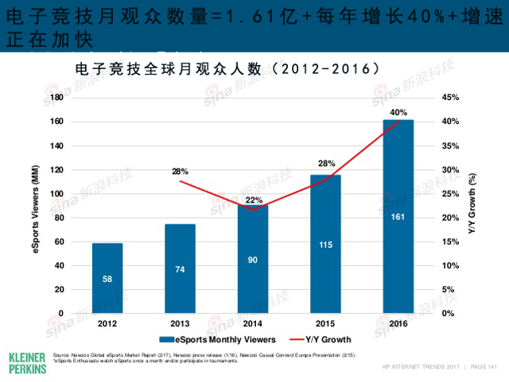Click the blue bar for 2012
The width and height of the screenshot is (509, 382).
(107, 278)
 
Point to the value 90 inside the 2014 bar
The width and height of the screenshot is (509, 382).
(253, 260)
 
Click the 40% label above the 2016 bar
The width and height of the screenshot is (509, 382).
(398, 112)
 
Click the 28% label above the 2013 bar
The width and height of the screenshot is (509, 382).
(180, 171)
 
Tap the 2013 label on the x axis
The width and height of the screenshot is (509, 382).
(180, 324)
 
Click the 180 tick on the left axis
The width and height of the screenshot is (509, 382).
(79, 98)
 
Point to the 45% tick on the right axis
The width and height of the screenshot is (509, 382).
(428, 98)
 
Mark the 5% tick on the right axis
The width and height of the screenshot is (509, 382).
(426, 289)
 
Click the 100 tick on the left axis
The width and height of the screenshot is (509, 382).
(79, 194)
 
